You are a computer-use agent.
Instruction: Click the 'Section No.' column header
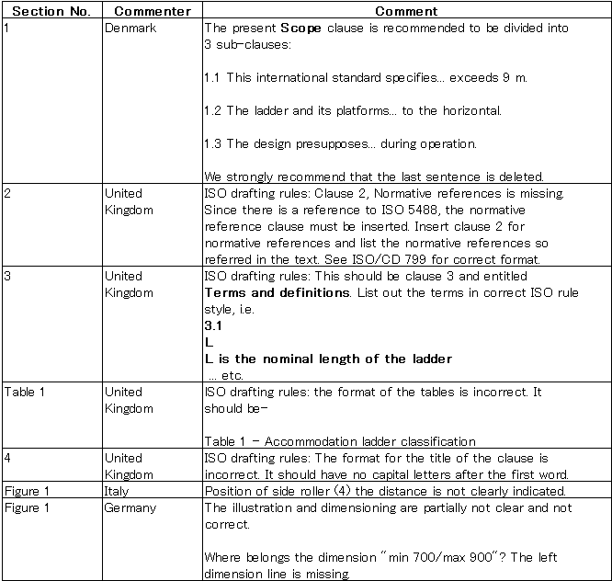tap(51, 12)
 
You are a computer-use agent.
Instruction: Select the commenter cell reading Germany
tap(130, 507)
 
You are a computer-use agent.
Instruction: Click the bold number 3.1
tap(213, 325)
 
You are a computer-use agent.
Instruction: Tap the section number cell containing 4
tap(7, 457)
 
